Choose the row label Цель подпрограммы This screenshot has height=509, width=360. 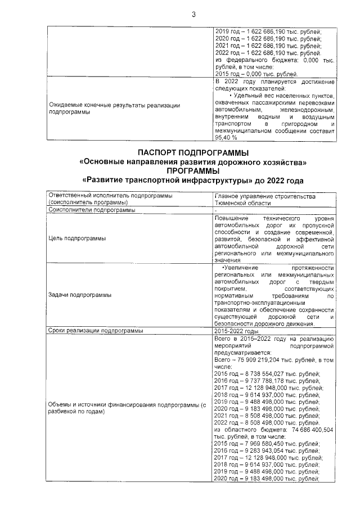80,238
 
